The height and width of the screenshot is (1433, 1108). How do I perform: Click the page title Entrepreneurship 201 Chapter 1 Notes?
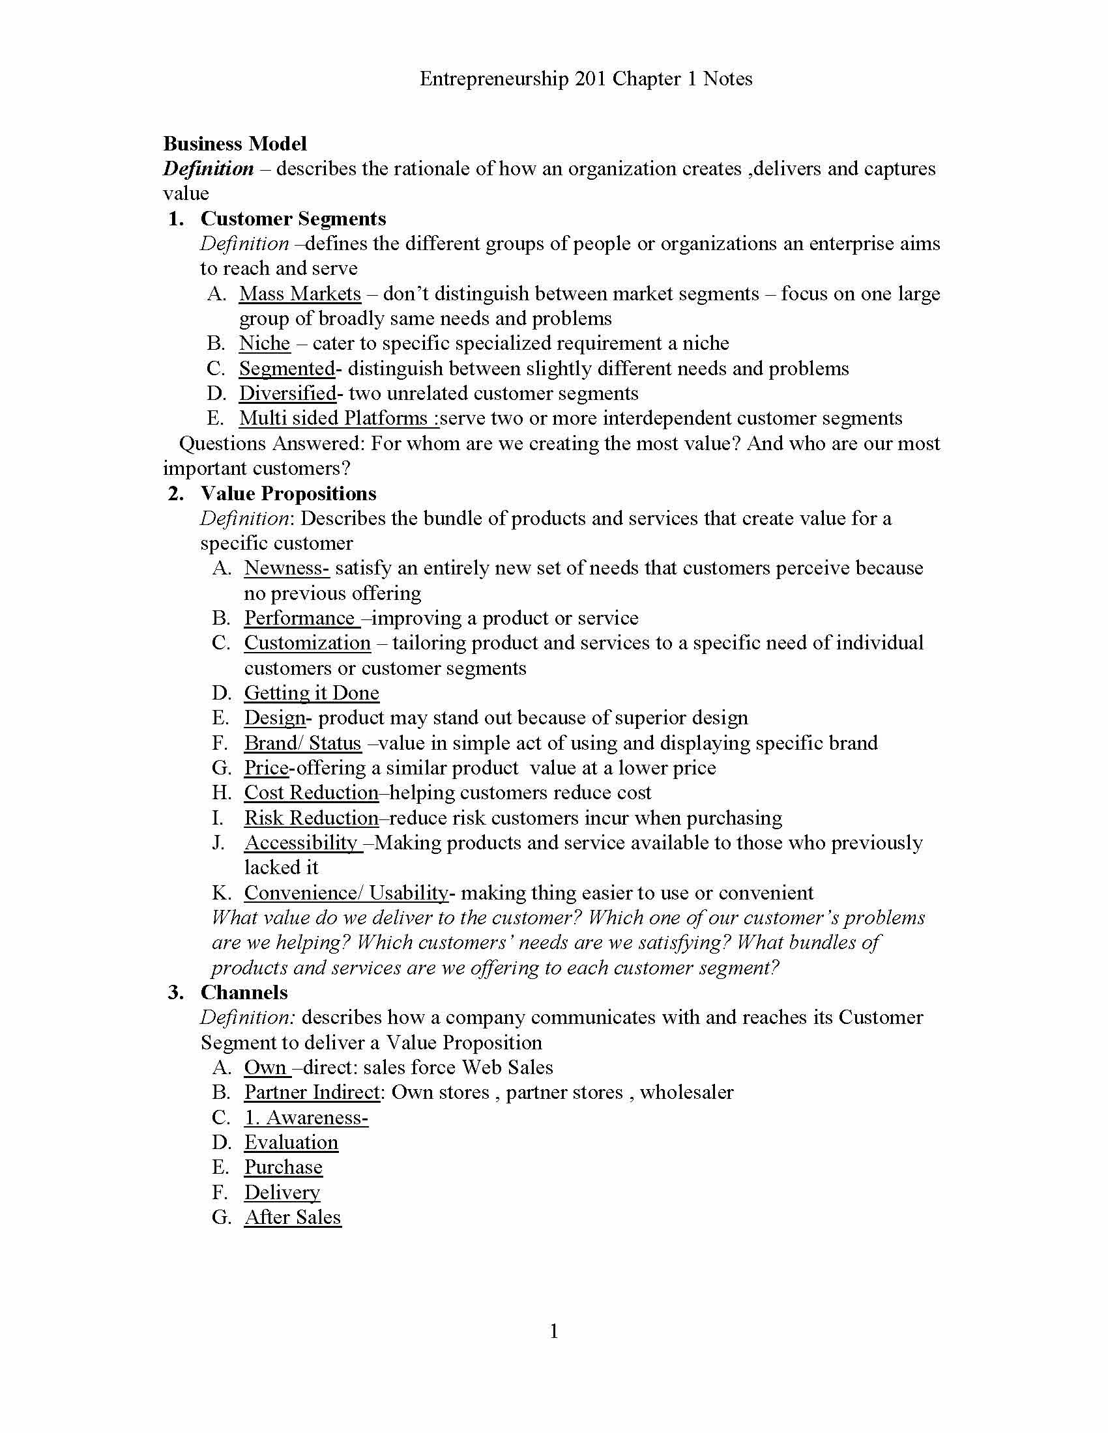point(585,79)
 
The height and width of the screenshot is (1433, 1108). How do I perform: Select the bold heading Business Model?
point(235,144)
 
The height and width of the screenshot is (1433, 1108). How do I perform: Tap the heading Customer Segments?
point(293,218)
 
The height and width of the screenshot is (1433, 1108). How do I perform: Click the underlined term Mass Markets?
point(299,293)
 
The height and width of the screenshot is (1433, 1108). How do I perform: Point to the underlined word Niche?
point(264,343)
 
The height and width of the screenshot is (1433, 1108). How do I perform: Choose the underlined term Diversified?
point(287,393)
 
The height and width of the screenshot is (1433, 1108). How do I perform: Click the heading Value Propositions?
point(288,494)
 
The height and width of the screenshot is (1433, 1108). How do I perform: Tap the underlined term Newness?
point(285,568)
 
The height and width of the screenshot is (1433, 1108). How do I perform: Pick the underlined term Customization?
point(307,643)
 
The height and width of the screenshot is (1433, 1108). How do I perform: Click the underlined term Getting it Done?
point(311,693)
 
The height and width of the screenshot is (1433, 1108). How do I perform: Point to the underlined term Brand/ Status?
point(302,743)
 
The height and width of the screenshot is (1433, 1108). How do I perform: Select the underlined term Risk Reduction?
point(311,817)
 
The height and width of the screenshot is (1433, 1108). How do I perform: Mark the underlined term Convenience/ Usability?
point(346,892)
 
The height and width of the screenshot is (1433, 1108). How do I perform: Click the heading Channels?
point(244,992)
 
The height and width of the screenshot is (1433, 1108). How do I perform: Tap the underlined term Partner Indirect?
point(312,1092)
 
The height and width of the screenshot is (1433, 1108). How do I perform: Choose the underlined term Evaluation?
point(291,1142)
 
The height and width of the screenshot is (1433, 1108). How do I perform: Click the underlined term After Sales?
point(292,1217)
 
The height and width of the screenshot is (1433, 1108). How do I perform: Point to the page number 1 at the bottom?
point(553,1331)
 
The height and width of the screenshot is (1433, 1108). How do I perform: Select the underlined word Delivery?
point(282,1192)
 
